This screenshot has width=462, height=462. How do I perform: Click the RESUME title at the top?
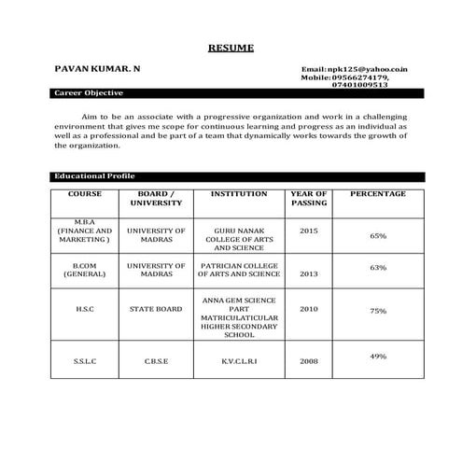pos(230,47)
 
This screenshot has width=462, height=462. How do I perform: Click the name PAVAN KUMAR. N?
pos(98,69)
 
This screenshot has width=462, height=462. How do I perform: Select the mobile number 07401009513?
pos(359,84)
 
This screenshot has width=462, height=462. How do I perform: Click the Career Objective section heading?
pos(89,93)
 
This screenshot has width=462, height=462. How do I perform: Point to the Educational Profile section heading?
pos(94,176)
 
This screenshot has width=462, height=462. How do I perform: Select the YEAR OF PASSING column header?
pos(309,198)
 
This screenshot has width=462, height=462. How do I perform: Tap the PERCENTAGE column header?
pos(377,194)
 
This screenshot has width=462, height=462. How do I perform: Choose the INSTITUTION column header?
pos(239,194)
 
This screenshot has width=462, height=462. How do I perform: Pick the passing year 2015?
pos(309,230)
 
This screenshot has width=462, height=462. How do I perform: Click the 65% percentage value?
pos(378,236)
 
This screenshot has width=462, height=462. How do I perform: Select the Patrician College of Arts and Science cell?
pos(239,270)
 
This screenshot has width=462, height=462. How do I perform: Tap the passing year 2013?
pos(309,274)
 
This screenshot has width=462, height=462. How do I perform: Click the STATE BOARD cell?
pos(156,309)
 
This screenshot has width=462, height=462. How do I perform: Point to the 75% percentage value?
pos(378,311)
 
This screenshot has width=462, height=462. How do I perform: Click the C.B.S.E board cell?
pos(156,360)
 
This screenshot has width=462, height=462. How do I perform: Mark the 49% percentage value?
pos(378,357)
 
